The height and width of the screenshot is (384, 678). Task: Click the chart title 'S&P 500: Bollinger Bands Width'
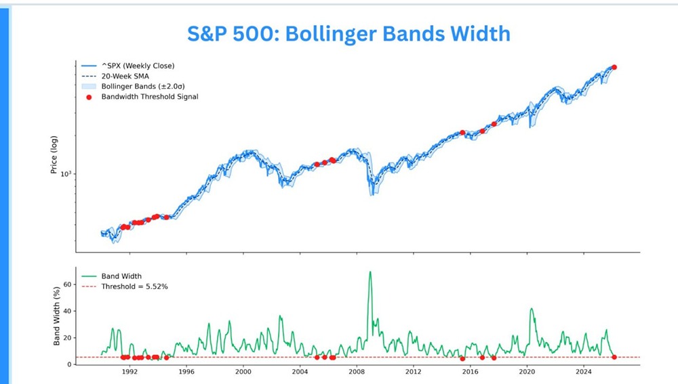click(348, 33)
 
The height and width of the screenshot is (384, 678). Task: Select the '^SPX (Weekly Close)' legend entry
click(138, 66)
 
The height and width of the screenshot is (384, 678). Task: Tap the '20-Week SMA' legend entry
click(125, 76)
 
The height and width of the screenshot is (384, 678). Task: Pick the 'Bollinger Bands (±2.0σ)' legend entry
click(142, 87)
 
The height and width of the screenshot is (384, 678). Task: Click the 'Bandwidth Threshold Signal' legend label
click(150, 97)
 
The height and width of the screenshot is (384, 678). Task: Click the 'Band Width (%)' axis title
click(57, 316)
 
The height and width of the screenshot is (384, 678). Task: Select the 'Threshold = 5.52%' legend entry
click(134, 286)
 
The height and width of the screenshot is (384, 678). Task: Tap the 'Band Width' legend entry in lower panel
click(121, 276)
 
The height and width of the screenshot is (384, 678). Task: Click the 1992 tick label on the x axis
click(129, 372)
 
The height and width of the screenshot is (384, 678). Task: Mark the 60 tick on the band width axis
click(68, 284)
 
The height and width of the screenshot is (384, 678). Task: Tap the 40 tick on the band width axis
click(68, 311)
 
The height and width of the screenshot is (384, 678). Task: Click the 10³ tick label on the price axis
click(66, 173)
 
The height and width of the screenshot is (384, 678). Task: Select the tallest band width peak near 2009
click(370, 272)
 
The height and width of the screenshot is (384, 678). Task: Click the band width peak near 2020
click(531, 309)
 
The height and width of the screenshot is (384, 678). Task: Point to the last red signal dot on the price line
click(614, 67)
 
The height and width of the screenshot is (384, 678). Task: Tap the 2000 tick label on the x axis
click(243, 372)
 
